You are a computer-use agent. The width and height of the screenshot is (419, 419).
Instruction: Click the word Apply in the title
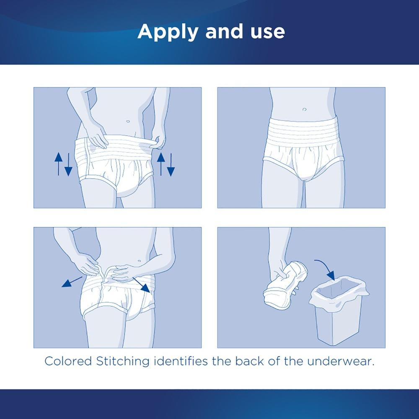point(163,32)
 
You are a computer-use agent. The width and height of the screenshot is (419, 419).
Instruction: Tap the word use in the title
point(266,32)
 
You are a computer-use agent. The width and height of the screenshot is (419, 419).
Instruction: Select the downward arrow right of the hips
point(171,165)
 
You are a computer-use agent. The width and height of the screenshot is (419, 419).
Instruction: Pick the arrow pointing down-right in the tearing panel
point(140,284)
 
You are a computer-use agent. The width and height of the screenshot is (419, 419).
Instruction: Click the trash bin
point(338,310)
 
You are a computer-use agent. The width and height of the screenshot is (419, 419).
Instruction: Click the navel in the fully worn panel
point(303,109)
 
